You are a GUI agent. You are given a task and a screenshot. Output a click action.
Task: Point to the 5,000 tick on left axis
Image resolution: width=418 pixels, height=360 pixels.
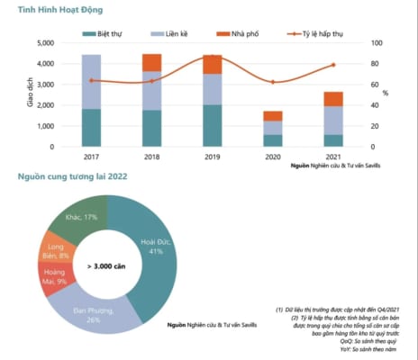[x=46, y=43]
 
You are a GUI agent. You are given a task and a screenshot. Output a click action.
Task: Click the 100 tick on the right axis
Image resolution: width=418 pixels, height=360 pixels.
[x=378, y=43]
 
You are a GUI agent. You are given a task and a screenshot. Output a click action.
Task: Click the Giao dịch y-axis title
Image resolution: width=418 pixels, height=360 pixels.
[x=21, y=94]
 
